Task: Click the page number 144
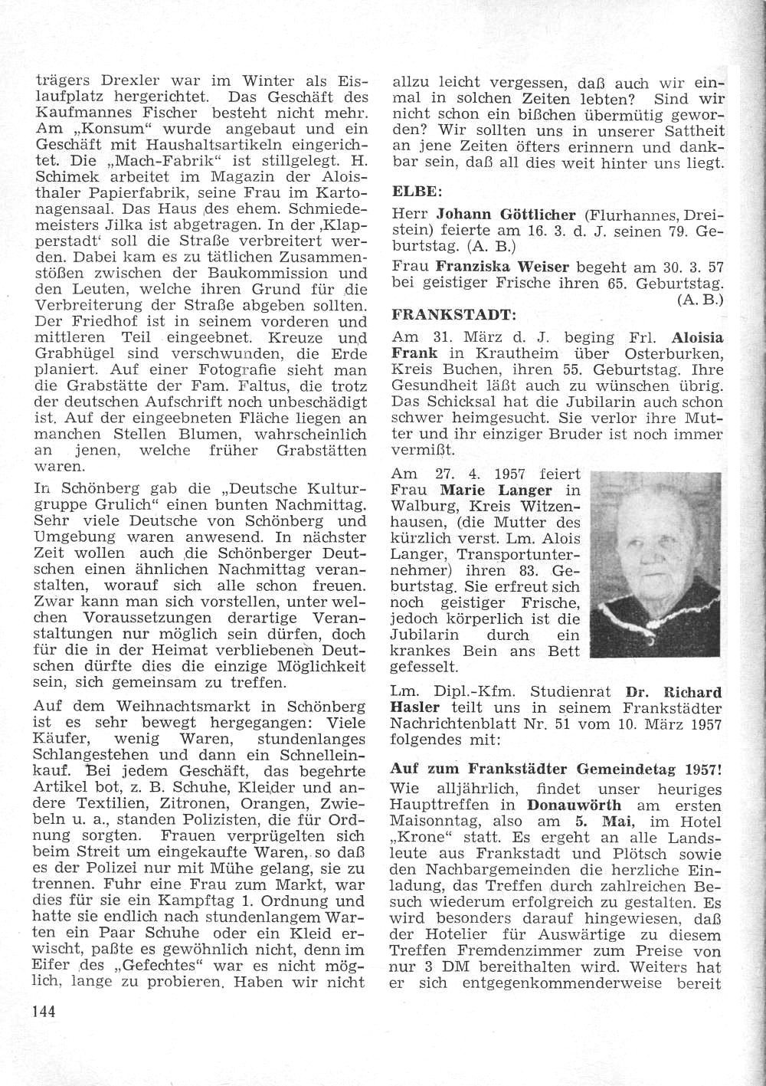pos(44,1012)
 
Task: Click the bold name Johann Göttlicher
pos(506,215)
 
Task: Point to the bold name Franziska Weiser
pos(502,267)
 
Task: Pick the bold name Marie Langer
pos(496,491)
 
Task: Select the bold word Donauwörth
pos(574,805)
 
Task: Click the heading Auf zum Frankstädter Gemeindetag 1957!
pos(556,769)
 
